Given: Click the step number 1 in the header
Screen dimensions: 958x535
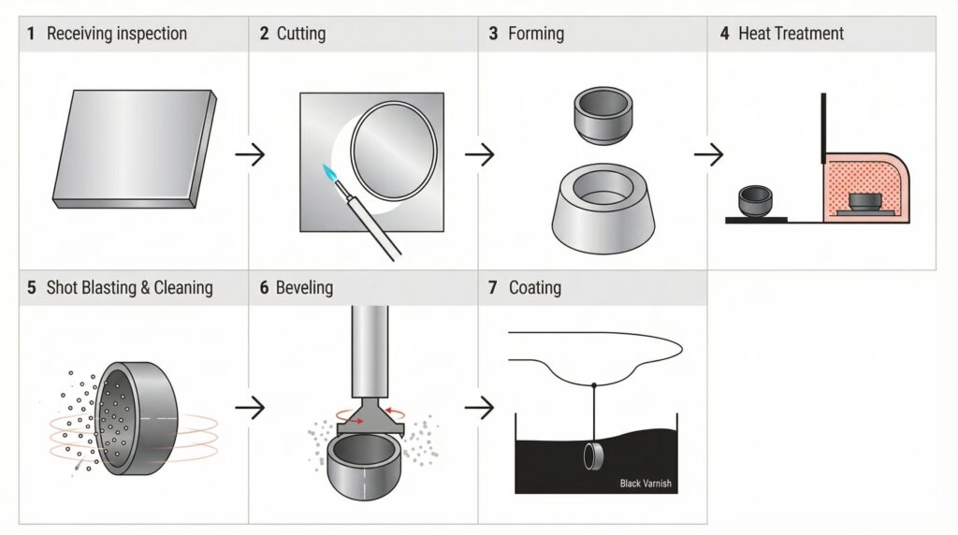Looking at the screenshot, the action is (31, 34).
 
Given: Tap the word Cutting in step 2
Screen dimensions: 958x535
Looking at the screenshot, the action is (301, 34).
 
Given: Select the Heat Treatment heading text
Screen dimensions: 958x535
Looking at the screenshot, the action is (791, 34).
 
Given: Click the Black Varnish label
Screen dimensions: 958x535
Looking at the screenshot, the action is (646, 483).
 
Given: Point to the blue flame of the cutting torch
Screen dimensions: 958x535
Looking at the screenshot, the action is (330, 174).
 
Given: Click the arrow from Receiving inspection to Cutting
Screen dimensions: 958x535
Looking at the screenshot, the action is (250, 154).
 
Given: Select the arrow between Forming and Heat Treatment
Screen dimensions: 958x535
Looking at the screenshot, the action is (709, 154).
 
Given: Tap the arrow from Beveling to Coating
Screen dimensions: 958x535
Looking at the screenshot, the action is (480, 408).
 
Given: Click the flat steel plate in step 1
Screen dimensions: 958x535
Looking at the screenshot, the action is (135, 149).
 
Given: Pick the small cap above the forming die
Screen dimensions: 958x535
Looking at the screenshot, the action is (603, 115).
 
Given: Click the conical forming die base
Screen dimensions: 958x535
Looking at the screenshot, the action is (603, 209).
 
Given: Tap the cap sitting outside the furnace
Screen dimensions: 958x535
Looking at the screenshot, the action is (755, 201).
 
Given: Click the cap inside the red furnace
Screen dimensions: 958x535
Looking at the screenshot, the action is (865, 202).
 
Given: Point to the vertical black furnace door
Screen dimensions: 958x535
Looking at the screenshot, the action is (823, 128).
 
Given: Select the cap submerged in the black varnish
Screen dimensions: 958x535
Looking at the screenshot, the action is (592, 456).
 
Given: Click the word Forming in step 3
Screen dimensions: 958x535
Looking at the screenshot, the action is (536, 34).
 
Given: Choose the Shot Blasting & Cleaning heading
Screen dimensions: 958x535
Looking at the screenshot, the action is (129, 288).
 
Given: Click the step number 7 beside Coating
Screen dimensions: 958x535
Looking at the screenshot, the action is (492, 288).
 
